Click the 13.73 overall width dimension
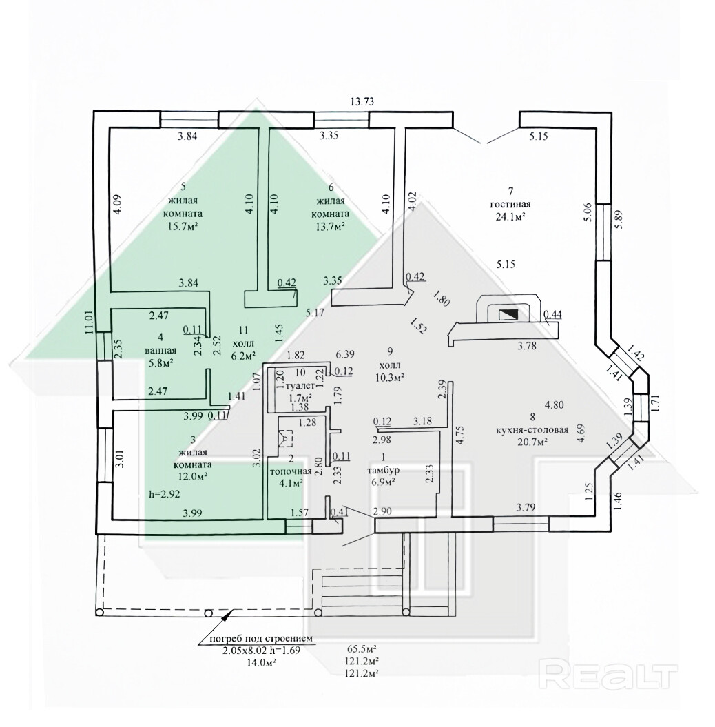(x=362, y=102)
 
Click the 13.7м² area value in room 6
(x=331, y=225)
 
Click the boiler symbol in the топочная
(x=284, y=438)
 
